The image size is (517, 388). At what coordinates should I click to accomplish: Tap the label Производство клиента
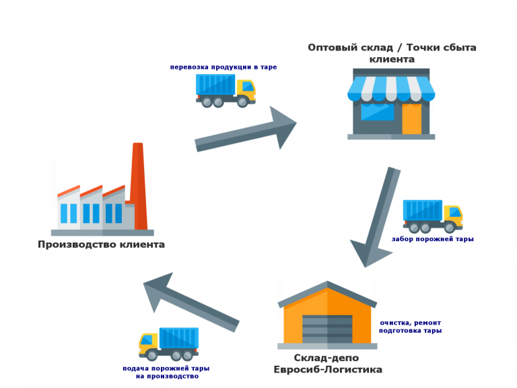101,245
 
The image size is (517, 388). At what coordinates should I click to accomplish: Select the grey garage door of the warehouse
327,327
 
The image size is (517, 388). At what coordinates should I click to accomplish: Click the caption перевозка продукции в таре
223,67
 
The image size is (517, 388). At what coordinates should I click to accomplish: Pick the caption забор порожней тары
432,238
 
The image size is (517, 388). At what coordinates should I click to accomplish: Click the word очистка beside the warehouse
395,322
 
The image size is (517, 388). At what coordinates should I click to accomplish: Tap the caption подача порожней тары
166,368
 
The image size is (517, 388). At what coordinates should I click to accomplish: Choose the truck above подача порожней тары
168,344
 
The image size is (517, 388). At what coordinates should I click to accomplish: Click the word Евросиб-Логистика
327,370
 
